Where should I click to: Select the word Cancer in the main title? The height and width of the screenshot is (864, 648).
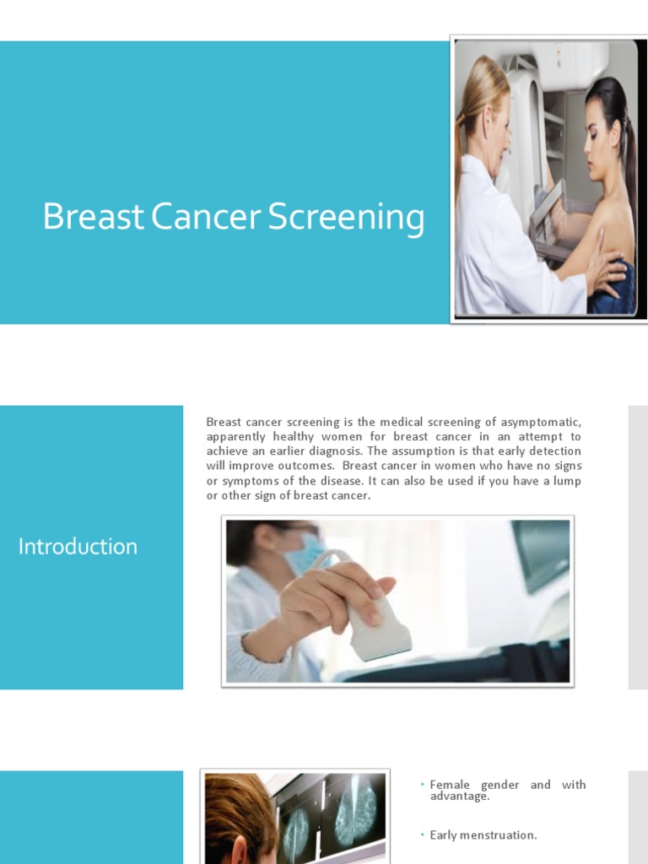208,217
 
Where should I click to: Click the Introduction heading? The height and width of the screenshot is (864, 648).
78,547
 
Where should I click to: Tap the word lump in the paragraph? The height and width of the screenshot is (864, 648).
567,481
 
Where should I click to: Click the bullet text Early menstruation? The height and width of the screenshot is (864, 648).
483,835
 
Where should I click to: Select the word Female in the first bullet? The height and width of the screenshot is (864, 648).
450,785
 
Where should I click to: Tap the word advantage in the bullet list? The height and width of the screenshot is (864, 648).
458,796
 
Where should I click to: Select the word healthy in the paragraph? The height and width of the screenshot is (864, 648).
292,437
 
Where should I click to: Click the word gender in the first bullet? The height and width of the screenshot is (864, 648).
500,785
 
